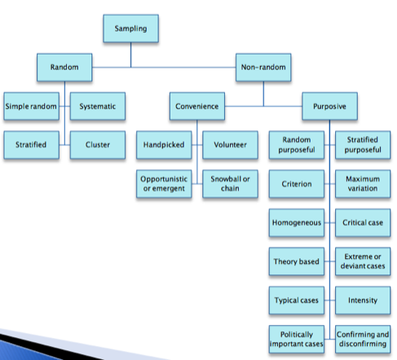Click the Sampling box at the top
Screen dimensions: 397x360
[130, 29]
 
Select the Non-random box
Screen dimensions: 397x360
[263, 68]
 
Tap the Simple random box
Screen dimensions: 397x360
[31, 106]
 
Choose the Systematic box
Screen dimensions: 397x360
[98, 106]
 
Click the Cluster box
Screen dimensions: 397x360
[98, 145]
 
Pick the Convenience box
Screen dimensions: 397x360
[197, 106]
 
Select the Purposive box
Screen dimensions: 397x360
[329, 106]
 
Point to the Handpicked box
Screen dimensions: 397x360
[164, 145]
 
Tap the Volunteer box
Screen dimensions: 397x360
[230, 145]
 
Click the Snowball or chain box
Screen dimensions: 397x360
[230, 184]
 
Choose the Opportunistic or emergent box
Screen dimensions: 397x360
[164, 184]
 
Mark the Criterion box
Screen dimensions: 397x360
[297, 184]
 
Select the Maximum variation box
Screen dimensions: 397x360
[363, 184]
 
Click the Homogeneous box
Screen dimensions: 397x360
[297, 222]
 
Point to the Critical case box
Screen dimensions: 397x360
[363, 222]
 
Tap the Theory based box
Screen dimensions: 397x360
[297, 261]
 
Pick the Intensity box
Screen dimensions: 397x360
[363, 301]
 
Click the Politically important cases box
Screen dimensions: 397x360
[297, 339]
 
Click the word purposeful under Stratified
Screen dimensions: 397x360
[363, 150]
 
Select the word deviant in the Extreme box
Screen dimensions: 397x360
[353, 266]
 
